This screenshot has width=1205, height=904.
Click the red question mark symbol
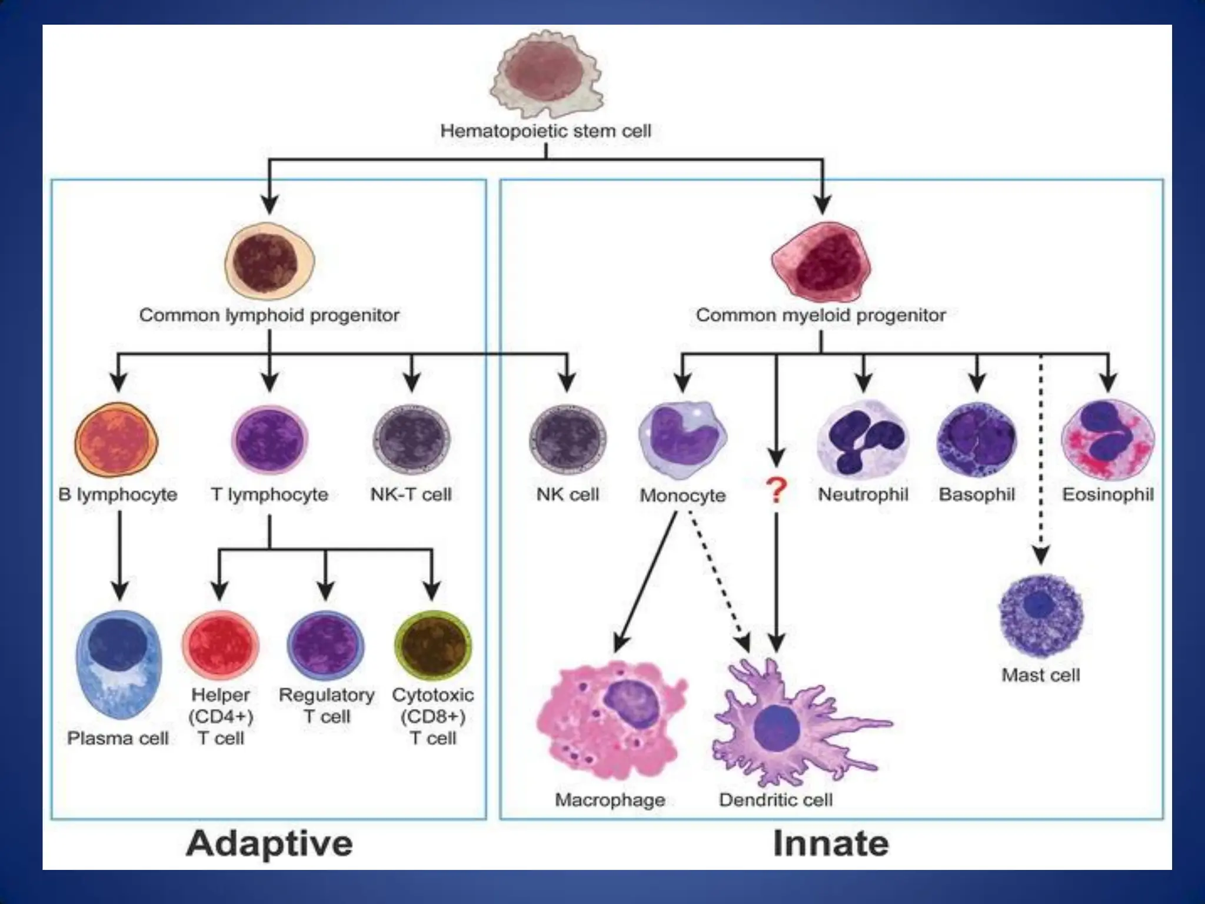(777, 490)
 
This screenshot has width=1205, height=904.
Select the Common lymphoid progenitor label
(269, 315)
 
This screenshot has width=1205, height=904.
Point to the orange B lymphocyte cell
(116, 440)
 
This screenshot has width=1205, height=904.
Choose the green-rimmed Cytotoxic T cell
(433, 646)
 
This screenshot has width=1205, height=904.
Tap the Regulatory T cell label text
(327, 706)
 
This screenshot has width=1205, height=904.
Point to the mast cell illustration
(1040, 615)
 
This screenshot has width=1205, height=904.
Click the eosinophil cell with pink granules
(1108, 439)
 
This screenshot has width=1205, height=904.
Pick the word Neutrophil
(863, 494)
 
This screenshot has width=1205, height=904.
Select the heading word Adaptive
(269, 844)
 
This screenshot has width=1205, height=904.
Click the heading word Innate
(831, 844)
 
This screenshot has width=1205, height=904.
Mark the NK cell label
(568, 494)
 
